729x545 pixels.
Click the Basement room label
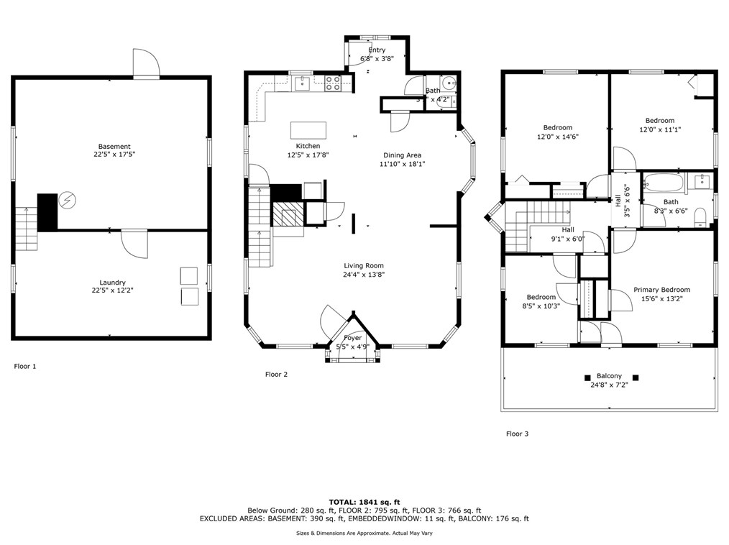pos(114,147)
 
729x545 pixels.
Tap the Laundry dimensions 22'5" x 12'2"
pos(113,290)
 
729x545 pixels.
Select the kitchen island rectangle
pos(308,129)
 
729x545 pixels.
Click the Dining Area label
pos(402,155)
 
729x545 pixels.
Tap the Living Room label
pos(363,265)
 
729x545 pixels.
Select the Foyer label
pos(352,338)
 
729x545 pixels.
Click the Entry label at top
pos(377,50)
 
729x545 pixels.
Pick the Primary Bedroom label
pos(661,290)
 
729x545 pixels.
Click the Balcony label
pos(608,376)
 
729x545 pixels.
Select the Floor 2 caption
pos(276,374)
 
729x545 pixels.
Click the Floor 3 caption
pos(517,434)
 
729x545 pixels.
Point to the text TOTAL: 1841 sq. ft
pos(364,501)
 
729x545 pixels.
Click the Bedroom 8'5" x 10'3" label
pos(541,297)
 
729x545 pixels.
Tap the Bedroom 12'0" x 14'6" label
pos(557,128)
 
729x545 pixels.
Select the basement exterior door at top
pos(147,65)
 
